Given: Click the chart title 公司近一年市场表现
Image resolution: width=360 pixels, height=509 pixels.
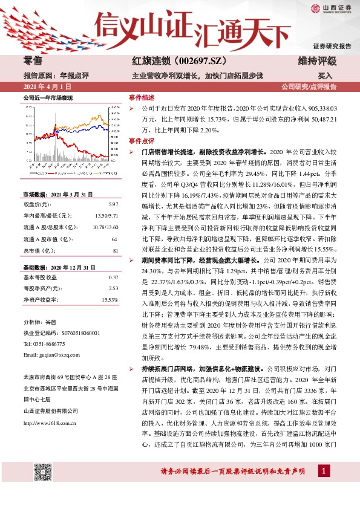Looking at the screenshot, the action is click(48, 97).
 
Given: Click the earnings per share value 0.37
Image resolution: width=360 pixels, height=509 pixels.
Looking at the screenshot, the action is click(113, 277).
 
